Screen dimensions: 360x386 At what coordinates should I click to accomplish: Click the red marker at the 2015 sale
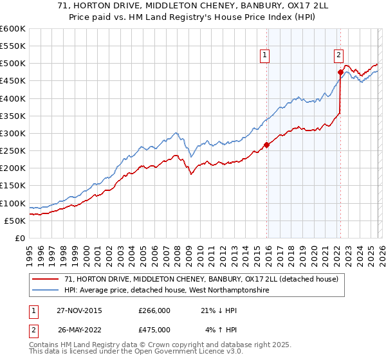pyautogui.click(x=267, y=145)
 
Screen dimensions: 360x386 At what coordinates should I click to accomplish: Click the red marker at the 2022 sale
pyautogui.click(x=340, y=72)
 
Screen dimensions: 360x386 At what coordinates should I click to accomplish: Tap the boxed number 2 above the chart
pyautogui.click(x=338, y=56)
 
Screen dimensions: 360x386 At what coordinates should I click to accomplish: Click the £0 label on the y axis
pyautogui.click(x=20, y=238)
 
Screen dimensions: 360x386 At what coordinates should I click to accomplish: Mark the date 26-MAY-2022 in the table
pyautogui.click(x=78, y=330)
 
